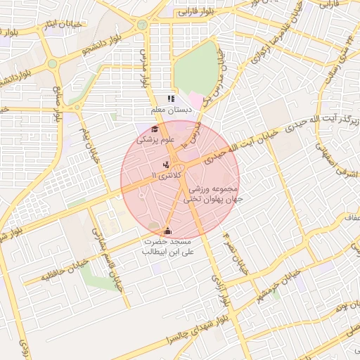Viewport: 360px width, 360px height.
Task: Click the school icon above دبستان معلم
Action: (x=170, y=99)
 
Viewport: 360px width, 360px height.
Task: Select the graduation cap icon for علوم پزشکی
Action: (x=155, y=129)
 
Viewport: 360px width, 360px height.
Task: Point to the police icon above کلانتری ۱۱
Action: (x=165, y=165)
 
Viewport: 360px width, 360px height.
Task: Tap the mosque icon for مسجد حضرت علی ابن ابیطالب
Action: (x=167, y=231)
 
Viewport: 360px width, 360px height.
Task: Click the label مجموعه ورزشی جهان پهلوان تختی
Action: (x=213, y=195)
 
